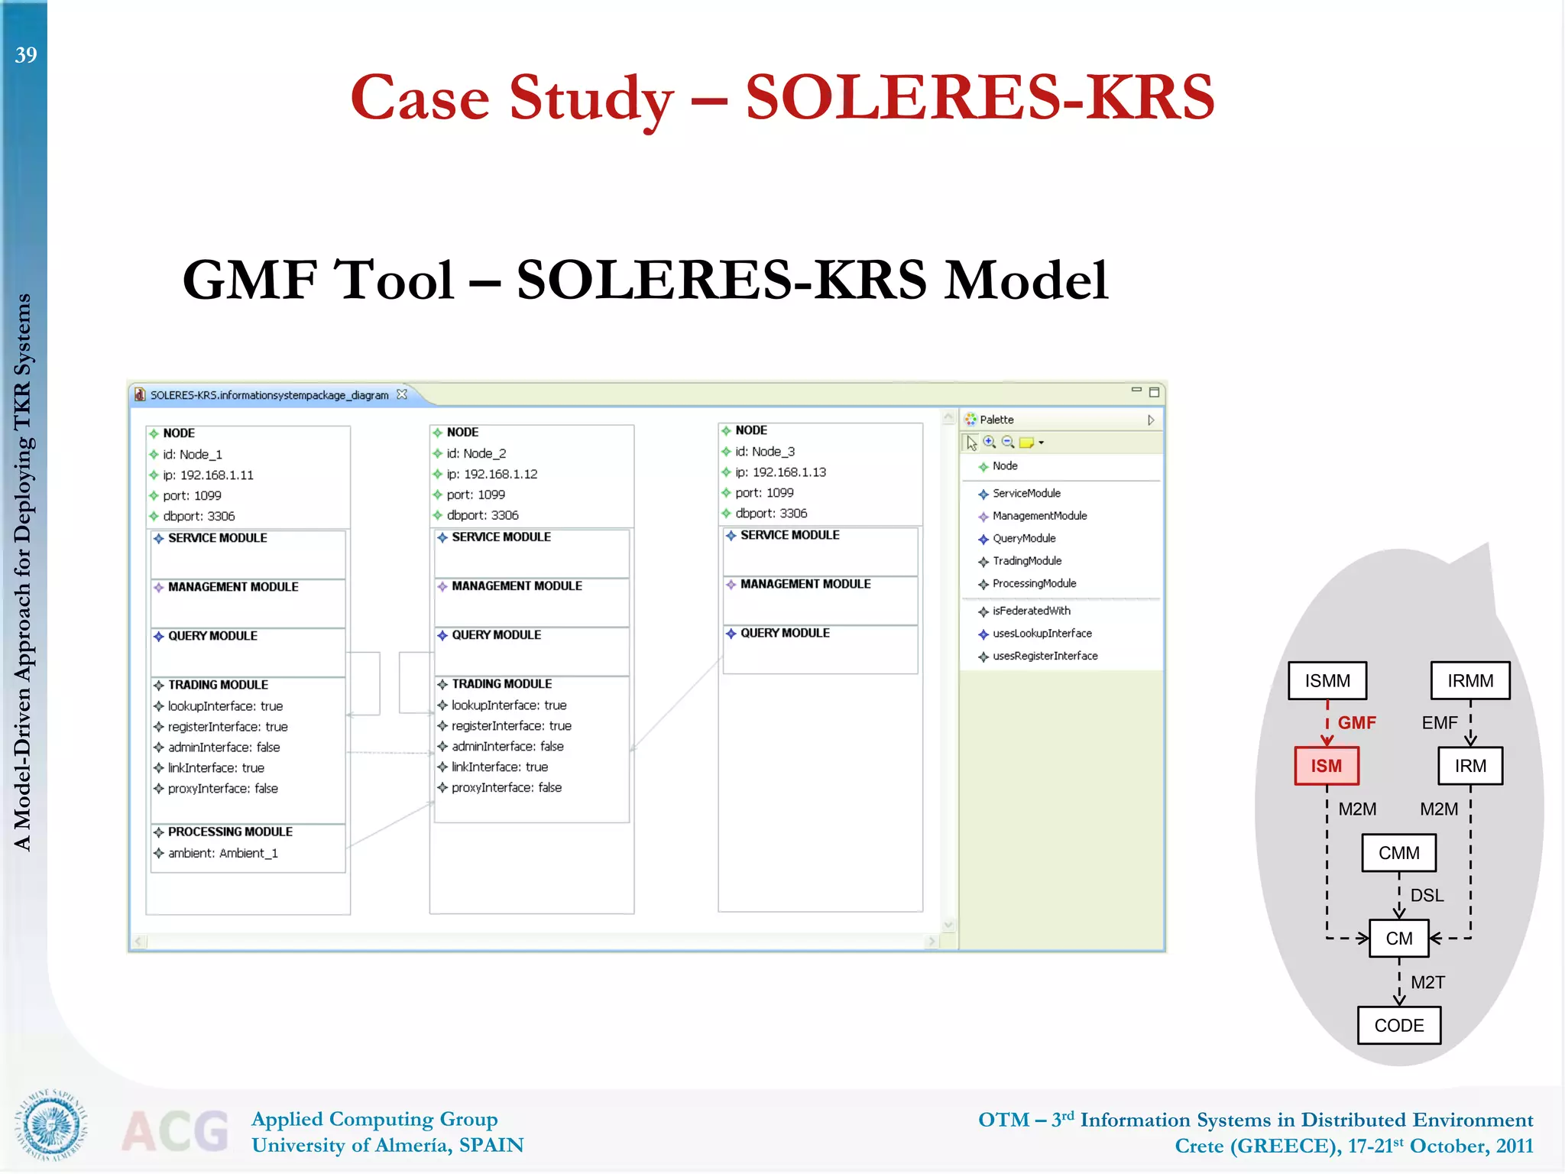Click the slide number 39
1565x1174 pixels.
26,55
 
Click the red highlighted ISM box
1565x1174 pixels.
1327,766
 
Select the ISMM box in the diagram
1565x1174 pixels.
1327,680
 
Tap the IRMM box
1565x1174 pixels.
1470,680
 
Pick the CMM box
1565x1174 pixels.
1398,853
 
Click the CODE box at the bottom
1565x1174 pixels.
1398,1026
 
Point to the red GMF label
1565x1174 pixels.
1356,722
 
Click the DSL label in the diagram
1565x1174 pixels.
1427,895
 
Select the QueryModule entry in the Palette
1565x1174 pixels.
1024,538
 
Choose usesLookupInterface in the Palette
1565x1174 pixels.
1042,634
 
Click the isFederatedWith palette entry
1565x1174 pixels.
1031,611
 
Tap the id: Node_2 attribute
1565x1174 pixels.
476,453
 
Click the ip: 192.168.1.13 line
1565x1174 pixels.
780,472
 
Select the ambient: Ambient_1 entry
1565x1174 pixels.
222,853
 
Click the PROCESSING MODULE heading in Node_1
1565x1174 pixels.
230,832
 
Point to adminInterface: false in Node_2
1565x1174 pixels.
507,746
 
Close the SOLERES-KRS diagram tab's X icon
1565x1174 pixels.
402,394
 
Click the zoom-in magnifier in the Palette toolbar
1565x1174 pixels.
990,442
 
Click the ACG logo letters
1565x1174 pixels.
175,1130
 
